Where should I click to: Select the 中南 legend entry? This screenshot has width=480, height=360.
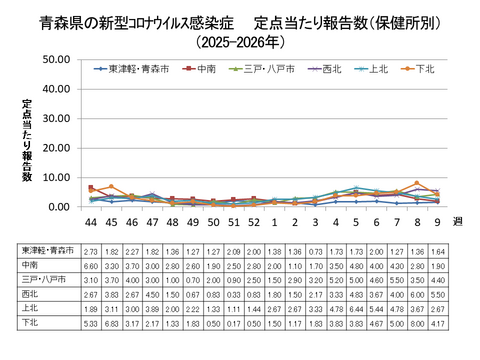pyautogui.click(x=208, y=69)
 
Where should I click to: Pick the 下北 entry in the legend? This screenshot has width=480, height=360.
pyautogui.click(x=424, y=69)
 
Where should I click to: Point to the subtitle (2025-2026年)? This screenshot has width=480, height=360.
pyautogui.click(x=240, y=42)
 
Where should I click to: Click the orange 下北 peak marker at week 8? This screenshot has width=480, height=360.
pyautogui.click(x=416, y=184)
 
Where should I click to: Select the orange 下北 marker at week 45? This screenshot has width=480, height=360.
pyautogui.click(x=112, y=187)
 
